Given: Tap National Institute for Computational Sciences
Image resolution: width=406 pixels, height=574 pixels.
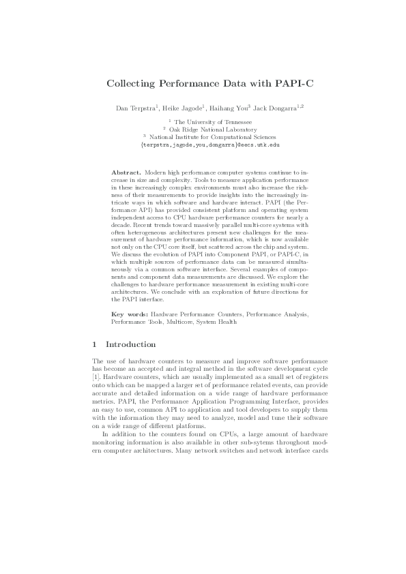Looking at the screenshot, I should [x=205, y=136].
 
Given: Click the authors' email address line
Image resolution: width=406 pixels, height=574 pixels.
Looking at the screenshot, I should [x=203, y=145].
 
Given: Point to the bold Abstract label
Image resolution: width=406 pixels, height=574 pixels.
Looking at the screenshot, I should [x=127, y=173].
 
